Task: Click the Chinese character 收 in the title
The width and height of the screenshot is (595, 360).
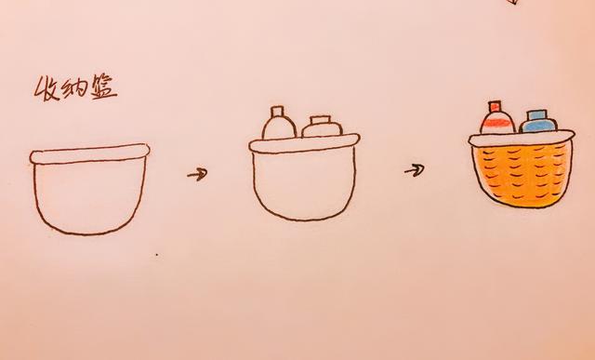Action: click(48, 89)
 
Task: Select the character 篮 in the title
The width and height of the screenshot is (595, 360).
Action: click(103, 88)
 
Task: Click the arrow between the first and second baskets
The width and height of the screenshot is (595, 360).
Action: click(197, 174)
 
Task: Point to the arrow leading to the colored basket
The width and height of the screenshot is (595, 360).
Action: click(415, 169)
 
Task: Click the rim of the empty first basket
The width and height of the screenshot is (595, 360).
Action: click(90, 153)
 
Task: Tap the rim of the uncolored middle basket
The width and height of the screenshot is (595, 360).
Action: click(304, 143)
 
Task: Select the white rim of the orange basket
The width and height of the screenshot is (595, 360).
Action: click(522, 139)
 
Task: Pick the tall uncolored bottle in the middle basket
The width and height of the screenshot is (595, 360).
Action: click(279, 123)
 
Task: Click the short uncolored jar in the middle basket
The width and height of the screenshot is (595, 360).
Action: click(322, 127)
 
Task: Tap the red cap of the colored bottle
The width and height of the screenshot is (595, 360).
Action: click(495, 106)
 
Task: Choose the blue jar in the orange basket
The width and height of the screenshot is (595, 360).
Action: click(538, 121)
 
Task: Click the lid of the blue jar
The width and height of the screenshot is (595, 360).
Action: click(538, 114)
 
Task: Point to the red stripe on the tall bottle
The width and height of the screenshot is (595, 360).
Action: click(496, 122)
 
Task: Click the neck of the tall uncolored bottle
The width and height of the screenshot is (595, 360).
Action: click(277, 111)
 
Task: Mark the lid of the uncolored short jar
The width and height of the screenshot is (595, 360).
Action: click(321, 120)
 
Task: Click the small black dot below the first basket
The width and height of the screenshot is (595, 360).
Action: click(157, 255)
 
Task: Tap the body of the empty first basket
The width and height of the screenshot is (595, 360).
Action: click(90, 197)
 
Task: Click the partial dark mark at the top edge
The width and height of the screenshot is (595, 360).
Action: click(513, 2)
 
